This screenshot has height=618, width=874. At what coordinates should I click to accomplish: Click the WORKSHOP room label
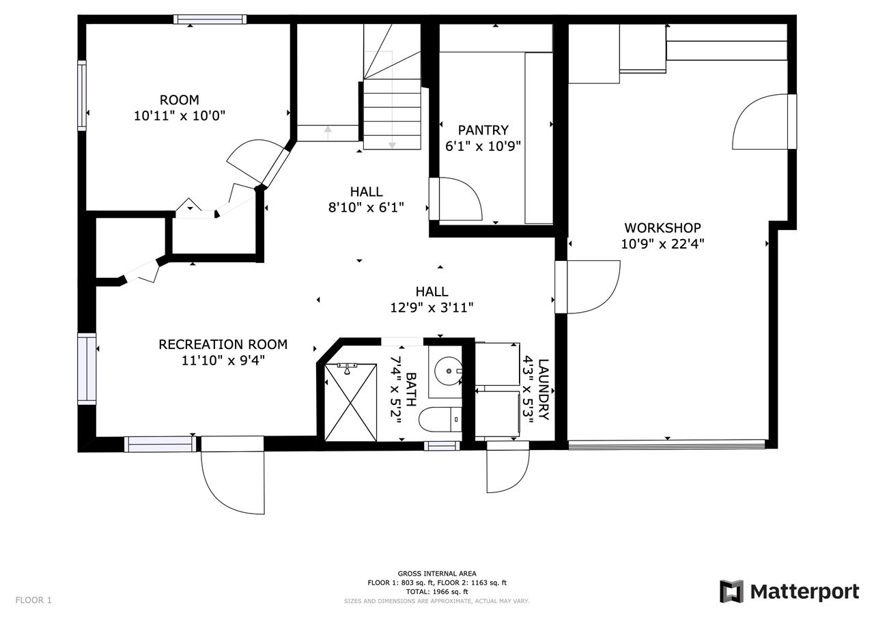click(662, 228)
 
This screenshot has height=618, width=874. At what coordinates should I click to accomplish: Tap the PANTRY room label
click(483, 130)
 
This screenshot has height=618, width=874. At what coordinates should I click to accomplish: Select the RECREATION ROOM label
click(223, 344)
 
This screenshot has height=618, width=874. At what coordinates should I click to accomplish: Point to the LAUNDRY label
click(544, 389)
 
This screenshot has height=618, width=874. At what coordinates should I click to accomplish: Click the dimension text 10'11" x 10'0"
click(180, 116)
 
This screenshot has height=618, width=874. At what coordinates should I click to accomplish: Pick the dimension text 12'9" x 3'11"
click(432, 308)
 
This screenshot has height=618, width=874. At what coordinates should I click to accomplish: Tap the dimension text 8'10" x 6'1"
click(366, 208)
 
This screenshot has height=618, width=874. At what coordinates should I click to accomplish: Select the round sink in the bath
click(448, 371)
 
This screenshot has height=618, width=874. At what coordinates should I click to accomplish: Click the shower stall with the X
click(351, 402)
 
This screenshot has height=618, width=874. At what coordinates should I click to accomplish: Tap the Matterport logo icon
click(731, 592)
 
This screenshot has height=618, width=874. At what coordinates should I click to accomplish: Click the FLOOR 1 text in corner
click(33, 600)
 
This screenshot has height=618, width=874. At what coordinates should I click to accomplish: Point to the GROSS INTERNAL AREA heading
click(437, 574)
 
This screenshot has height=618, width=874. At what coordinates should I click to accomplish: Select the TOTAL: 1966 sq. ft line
click(437, 592)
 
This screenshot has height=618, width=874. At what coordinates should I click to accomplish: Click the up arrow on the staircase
click(328, 132)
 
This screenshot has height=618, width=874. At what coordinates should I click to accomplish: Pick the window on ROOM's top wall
click(210, 19)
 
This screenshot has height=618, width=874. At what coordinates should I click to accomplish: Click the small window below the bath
click(442, 445)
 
